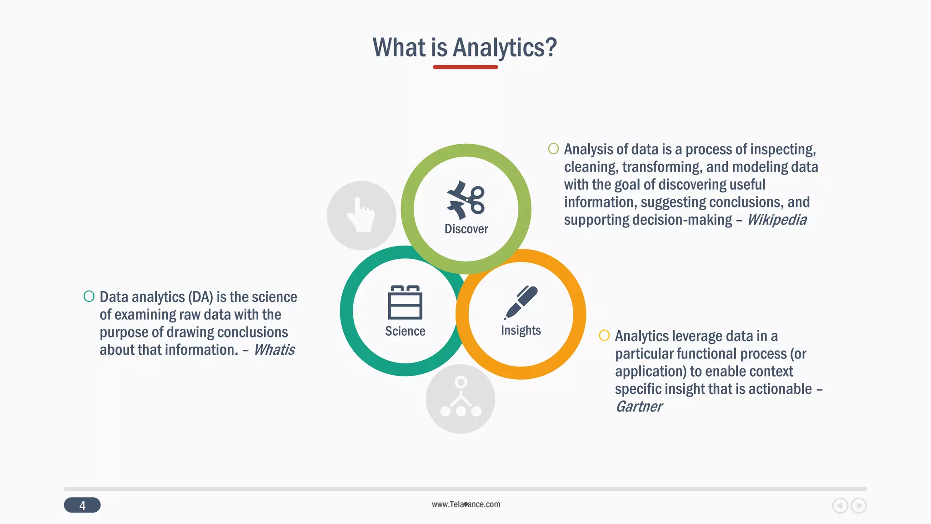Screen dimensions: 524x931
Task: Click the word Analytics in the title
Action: tap(505, 47)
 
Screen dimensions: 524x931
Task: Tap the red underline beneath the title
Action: tap(465, 67)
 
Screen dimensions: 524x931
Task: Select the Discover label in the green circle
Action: tap(466, 229)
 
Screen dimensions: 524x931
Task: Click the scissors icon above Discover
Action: tap(466, 200)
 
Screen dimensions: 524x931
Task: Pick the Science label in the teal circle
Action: tap(405, 331)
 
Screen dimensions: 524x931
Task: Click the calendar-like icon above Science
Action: tap(405, 302)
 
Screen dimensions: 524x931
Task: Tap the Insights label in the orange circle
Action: tap(521, 330)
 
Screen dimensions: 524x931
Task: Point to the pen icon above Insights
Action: tap(521, 302)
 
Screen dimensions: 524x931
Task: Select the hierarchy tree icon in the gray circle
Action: tap(460, 398)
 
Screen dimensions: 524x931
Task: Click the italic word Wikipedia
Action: tap(776, 220)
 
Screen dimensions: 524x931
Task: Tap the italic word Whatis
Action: tap(274, 350)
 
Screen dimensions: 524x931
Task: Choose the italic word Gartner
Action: tap(639, 407)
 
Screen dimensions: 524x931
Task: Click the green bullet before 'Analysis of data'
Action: tap(553, 149)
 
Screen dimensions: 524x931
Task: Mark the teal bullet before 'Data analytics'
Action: tap(89, 297)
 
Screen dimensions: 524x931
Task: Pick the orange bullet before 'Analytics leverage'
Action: tap(604, 336)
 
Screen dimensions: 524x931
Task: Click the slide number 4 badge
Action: tap(82, 505)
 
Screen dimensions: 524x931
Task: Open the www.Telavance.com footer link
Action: tap(466, 504)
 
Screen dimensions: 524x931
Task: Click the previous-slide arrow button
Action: tap(840, 506)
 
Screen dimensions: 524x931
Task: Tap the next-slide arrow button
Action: tap(859, 506)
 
